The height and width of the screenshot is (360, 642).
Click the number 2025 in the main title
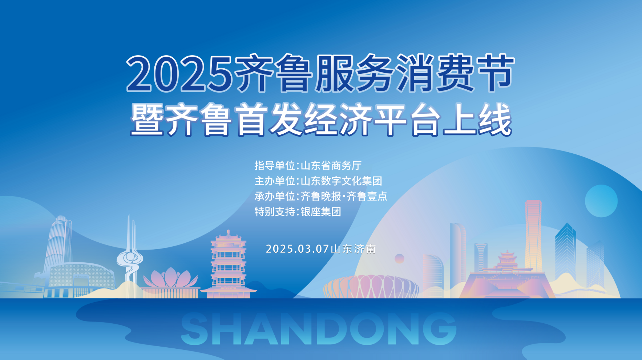pos(179,73)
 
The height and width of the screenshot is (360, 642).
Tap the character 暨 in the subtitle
pos(147,120)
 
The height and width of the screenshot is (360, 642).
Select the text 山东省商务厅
pos(331,166)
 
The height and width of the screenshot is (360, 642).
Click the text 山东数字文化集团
pos(341,181)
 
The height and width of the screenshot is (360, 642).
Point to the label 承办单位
pos(275,196)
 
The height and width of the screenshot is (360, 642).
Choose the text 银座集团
pos(321,211)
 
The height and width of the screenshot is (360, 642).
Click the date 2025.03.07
pos(297,249)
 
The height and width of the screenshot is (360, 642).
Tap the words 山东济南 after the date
pos(353,249)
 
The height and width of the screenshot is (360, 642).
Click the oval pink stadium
pos(371,287)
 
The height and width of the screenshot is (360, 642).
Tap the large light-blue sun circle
pos(601,201)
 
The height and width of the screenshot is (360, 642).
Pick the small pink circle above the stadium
pos(399,259)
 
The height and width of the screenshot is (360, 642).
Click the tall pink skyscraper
pos(533,236)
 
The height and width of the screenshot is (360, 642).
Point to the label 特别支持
pos(275,211)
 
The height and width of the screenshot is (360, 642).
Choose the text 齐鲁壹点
pos(367,196)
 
